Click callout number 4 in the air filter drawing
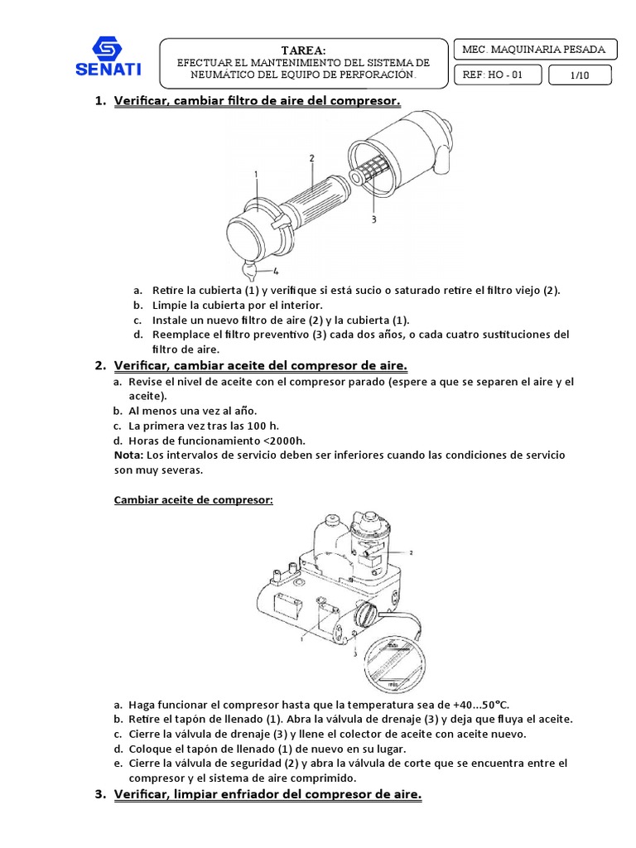(275, 270)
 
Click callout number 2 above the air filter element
(311, 157)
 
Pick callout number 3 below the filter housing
(374, 220)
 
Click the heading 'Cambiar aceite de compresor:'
(192, 500)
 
